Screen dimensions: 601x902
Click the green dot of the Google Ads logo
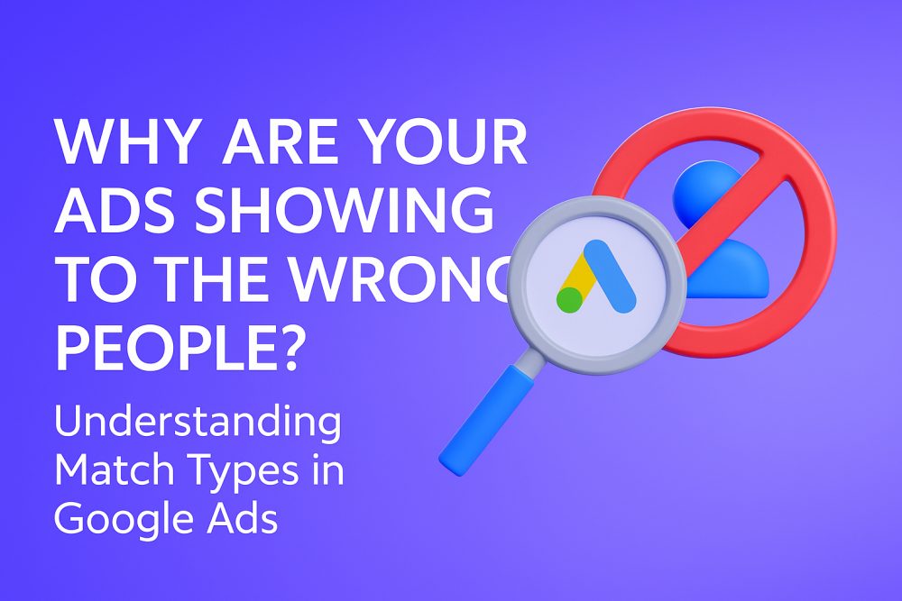pyautogui.click(x=569, y=300)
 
